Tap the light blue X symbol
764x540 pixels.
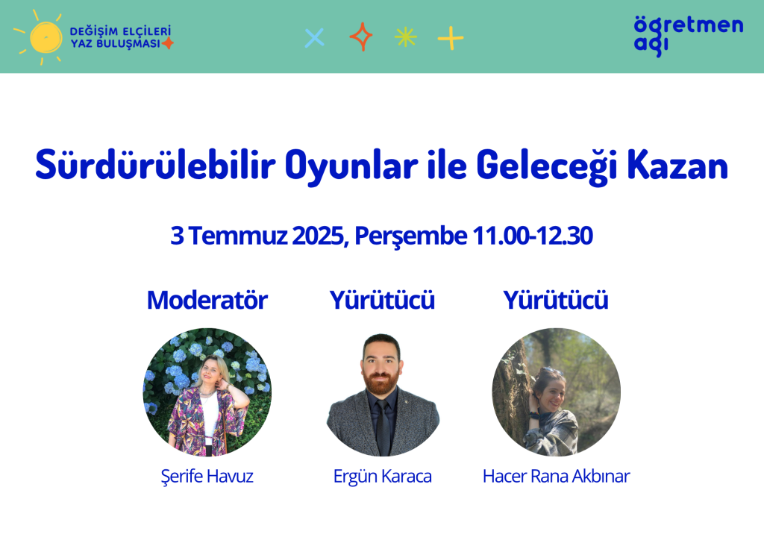(314, 37)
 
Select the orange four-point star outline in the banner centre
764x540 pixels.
(361, 37)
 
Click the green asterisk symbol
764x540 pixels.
(405, 37)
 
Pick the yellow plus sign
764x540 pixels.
(450, 38)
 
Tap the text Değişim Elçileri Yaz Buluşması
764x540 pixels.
(120, 37)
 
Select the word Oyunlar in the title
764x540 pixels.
(351, 166)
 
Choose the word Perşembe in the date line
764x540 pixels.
(411, 236)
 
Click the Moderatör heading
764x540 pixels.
(207, 300)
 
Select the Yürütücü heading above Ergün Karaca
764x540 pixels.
(382, 300)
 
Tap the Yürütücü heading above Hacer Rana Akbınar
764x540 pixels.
(556, 300)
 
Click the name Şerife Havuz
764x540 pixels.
(207, 476)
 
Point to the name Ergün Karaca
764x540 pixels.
(383, 477)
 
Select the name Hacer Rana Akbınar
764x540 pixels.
(556, 476)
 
